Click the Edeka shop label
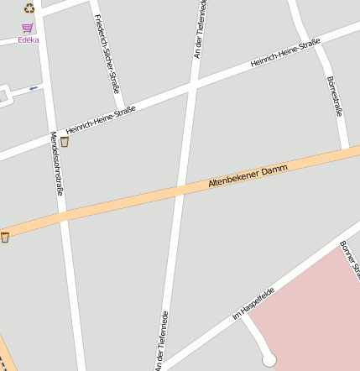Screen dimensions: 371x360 (x=29, y=39)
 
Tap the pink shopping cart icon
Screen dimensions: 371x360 (x=28, y=28)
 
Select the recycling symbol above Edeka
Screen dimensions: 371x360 (x=29, y=8)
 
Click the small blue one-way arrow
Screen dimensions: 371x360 (x=34, y=87)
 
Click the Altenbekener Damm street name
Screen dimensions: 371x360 (x=248, y=178)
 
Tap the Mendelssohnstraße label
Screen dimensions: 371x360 (x=57, y=164)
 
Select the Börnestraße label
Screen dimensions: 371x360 (x=335, y=96)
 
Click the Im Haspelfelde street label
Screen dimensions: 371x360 (x=253, y=300)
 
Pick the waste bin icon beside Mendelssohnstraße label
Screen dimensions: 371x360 (x=65, y=142)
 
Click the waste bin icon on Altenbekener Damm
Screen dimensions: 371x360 (x=5, y=238)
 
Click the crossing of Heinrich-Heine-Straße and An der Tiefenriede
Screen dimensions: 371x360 (x=191, y=86)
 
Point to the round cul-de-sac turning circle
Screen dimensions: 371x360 (x=269, y=360)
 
